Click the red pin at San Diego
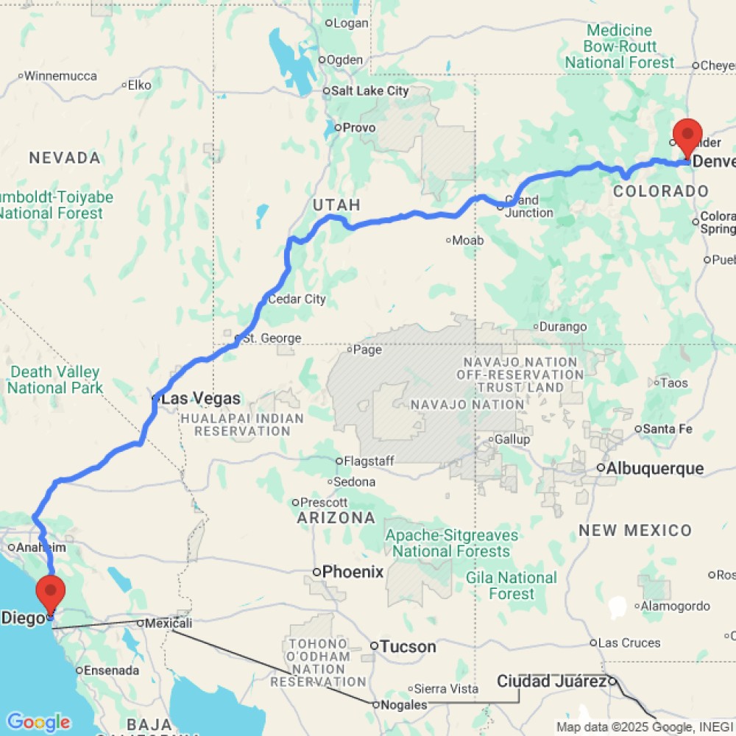(x=51, y=594)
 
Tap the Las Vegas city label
(x=200, y=399)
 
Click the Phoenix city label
(x=353, y=571)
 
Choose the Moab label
(x=467, y=241)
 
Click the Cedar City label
(x=297, y=300)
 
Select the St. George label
(x=272, y=339)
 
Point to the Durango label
(x=563, y=327)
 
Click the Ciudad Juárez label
(x=551, y=682)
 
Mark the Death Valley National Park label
(x=55, y=380)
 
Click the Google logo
(x=38, y=722)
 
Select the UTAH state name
(x=336, y=205)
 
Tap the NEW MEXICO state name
(x=634, y=530)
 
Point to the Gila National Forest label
(x=511, y=586)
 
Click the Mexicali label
(x=169, y=623)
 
